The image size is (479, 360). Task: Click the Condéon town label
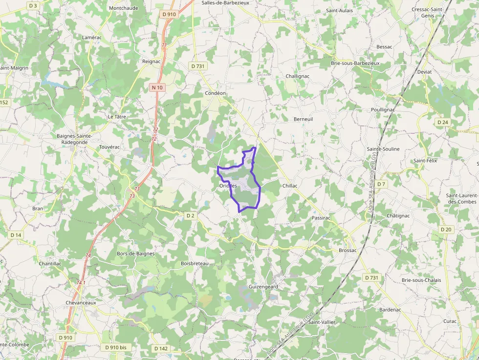pyautogui.click(x=215, y=93)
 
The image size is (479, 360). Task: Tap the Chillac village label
pyautogui.click(x=290, y=186)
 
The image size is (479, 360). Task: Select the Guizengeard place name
pyautogui.click(x=263, y=286)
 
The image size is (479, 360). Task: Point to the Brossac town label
pyautogui.click(x=348, y=250)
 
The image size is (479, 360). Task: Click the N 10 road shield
pyautogui.click(x=157, y=87)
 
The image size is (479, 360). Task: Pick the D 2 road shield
pyautogui.click(x=191, y=215)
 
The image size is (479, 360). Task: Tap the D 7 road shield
pyautogui.click(x=381, y=184)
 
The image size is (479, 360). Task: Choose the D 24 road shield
pyautogui.click(x=442, y=122)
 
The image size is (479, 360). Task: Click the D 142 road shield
pyautogui.click(x=161, y=349)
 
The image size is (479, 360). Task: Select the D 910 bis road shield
pyautogui.click(x=116, y=347)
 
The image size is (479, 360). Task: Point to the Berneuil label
pyautogui.click(x=303, y=119)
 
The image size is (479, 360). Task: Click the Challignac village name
pyautogui.click(x=298, y=76)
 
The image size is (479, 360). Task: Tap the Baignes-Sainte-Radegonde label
pyautogui.click(x=75, y=139)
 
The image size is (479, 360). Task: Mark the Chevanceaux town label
pyautogui.click(x=81, y=302)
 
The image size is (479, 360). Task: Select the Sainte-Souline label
pyautogui.click(x=383, y=149)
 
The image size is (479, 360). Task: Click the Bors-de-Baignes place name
pyautogui.click(x=135, y=254)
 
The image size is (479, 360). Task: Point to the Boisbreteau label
pyautogui.click(x=195, y=263)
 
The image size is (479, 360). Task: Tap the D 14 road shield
pyautogui.click(x=16, y=235)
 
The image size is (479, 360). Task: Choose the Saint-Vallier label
pyautogui.click(x=322, y=322)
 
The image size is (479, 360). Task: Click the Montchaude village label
pyautogui.click(x=123, y=8)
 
